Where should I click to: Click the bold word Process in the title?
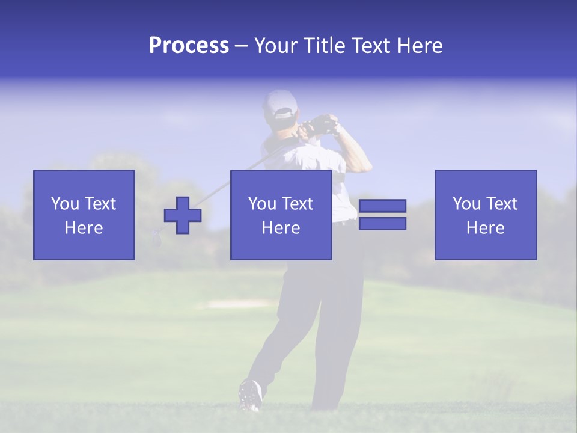click(x=189, y=46)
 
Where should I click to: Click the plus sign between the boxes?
click(x=183, y=215)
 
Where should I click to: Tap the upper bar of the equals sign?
click(x=382, y=206)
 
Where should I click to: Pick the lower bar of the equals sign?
click(x=382, y=224)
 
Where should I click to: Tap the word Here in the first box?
click(x=84, y=228)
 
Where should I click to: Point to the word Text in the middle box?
click(x=298, y=204)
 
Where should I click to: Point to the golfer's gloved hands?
click(x=322, y=124)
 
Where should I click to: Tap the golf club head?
click(x=157, y=238)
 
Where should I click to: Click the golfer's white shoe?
click(x=250, y=395)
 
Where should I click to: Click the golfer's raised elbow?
click(x=364, y=165)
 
